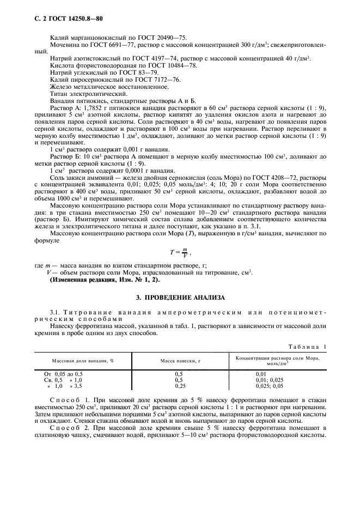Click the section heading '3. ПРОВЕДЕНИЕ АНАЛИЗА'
[180, 299]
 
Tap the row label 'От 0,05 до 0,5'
[63, 373]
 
